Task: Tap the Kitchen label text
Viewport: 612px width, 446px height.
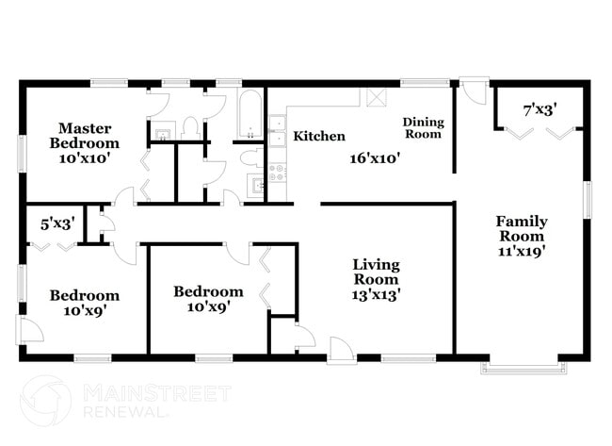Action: coord(319,137)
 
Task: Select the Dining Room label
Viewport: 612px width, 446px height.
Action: coord(422,128)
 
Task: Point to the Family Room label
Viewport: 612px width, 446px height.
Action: coord(522,229)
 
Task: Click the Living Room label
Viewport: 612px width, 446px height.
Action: coord(376,272)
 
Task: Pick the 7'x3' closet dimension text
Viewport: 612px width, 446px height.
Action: coord(540,110)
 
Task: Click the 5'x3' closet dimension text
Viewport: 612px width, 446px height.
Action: coord(57,224)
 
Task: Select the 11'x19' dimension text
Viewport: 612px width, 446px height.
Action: coord(523,252)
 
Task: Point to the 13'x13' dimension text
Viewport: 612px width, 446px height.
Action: coord(376,295)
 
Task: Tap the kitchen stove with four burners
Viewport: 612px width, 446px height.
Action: coord(277,174)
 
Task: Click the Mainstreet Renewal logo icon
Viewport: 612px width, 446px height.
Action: coord(46,401)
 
